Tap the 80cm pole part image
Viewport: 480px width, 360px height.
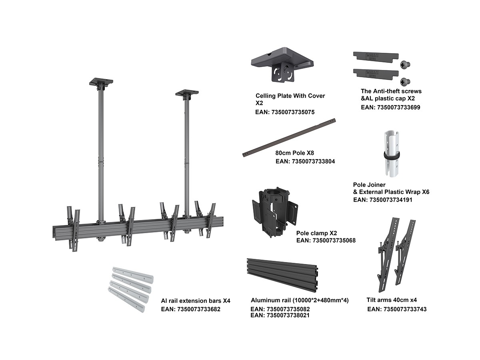point(289,138)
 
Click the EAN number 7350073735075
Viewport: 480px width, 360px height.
point(284,112)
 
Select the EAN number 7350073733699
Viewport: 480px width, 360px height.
point(390,107)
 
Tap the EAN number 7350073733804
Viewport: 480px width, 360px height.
point(305,162)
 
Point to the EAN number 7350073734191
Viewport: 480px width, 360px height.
point(383,200)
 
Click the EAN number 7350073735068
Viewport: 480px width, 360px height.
point(326,240)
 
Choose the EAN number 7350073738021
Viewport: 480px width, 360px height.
point(280,315)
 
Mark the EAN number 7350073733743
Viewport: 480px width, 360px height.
point(397,309)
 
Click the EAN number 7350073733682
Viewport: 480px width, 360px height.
point(190,309)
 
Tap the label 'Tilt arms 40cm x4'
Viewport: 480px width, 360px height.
point(392,300)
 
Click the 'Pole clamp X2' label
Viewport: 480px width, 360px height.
point(316,233)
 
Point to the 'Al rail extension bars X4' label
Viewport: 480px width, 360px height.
point(196,300)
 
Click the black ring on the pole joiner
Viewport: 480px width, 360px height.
point(392,155)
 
